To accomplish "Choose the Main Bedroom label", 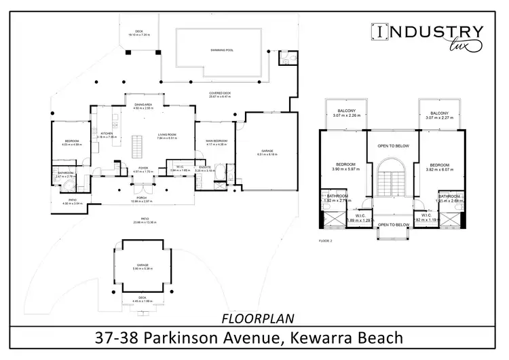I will [x=216, y=141].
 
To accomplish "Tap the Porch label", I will [x=143, y=198].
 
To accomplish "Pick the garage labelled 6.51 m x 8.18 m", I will [x=267, y=153].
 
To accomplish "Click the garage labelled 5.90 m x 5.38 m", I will [x=141, y=266].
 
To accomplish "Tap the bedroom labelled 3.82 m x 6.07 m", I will [x=439, y=165].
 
